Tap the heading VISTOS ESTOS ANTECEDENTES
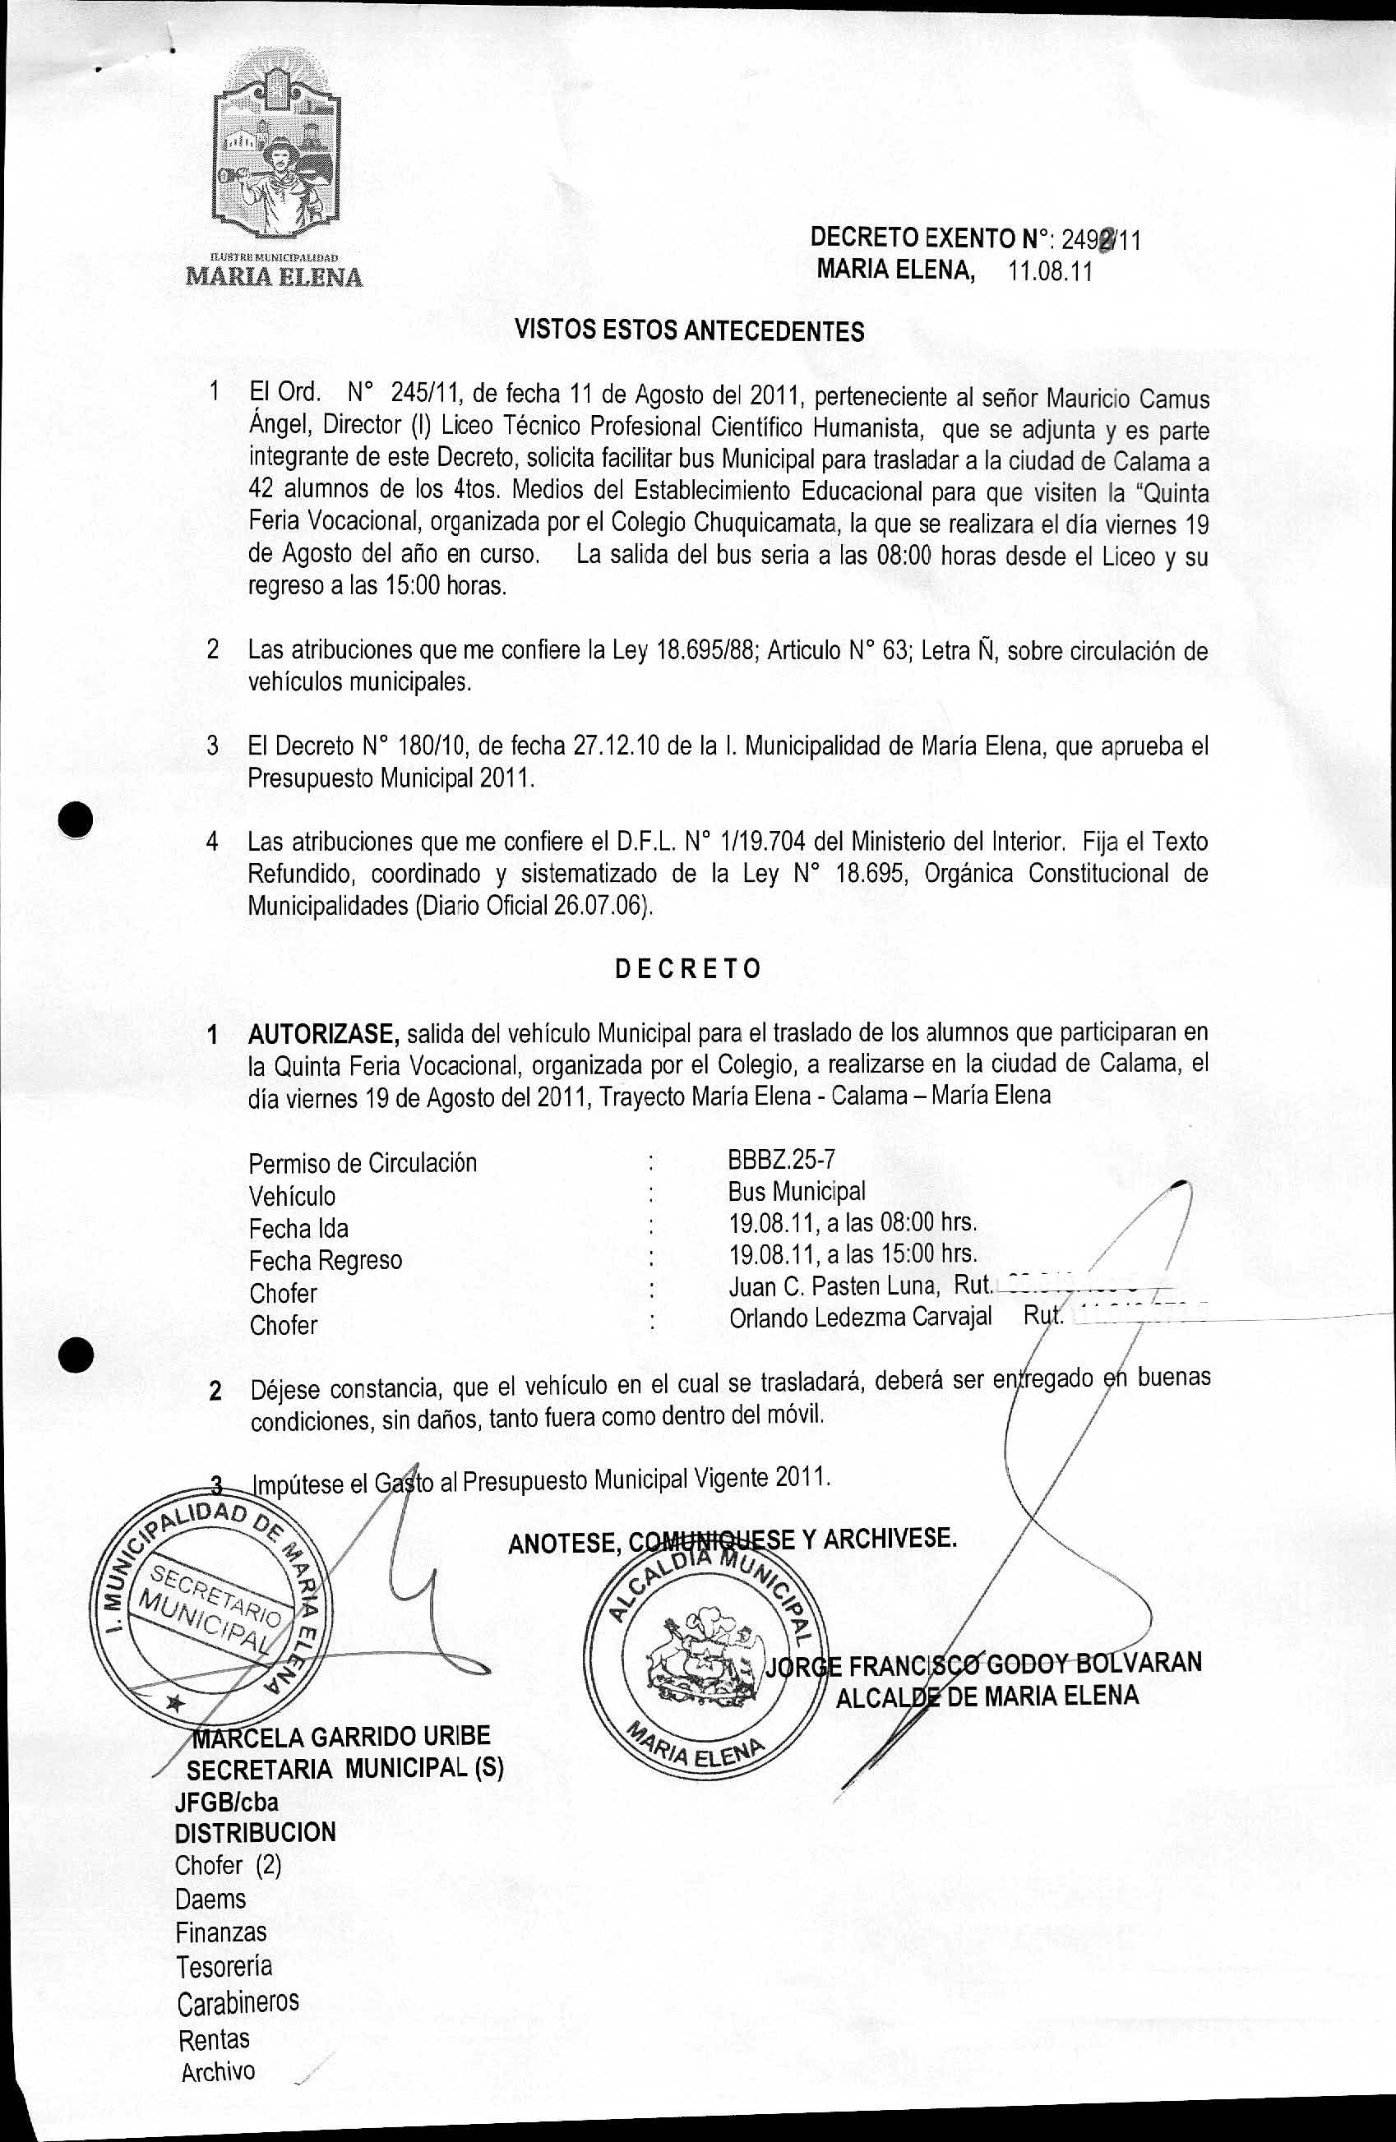point(689,330)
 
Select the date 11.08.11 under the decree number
point(1050,273)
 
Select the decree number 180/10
point(431,746)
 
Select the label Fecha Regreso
point(325,1260)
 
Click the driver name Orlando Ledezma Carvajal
point(860,1318)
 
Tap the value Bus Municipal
point(797,1192)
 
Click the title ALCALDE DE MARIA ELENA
point(987,1697)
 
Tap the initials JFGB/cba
point(227,1802)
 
